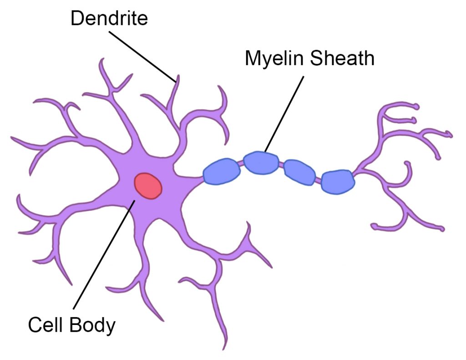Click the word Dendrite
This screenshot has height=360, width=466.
109,19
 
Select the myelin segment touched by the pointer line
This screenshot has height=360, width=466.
261,162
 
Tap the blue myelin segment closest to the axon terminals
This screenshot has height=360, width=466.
337,182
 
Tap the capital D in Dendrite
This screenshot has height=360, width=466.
76,19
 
